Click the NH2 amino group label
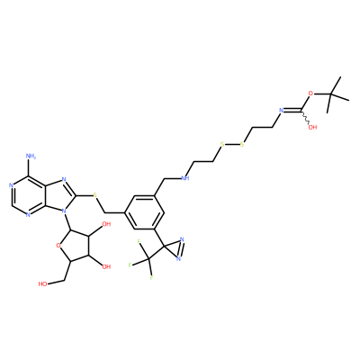click(x=31, y=157)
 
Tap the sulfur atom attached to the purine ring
click(x=95, y=195)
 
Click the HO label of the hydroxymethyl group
click(x=42, y=283)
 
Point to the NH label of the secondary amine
click(x=185, y=178)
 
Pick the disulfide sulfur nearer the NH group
click(x=222, y=145)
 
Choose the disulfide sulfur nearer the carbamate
click(x=242, y=145)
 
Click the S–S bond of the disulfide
click(x=232, y=145)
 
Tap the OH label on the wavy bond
click(x=312, y=127)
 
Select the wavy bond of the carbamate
click(x=305, y=117)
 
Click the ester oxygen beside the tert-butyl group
click(x=310, y=94)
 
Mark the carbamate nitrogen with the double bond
click(x=282, y=111)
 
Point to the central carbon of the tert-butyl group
click(x=330, y=94)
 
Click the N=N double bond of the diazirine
click(x=182, y=248)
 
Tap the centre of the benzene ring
click(x=144, y=212)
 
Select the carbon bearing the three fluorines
click(x=148, y=258)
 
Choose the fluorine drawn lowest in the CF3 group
click(x=152, y=278)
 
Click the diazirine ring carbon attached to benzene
click(x=165, y=247)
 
